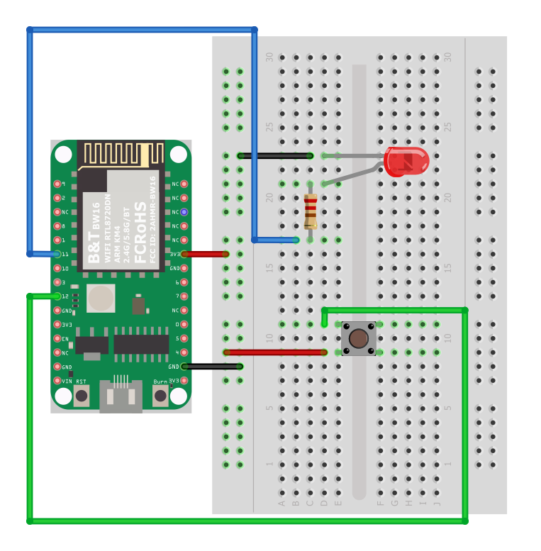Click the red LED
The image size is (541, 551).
pos(406,162)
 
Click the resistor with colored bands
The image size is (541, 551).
pos(310,211)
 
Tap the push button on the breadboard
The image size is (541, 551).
pos(359,338)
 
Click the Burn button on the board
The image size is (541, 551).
pos(160,395)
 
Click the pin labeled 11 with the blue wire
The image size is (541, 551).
pos(57,253)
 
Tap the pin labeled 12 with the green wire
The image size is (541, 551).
pos(57,296)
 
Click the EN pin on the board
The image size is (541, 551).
pos(57,338)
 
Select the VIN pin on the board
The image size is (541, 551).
pos(57,381)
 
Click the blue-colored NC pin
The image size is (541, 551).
pos(184,211)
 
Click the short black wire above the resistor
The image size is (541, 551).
pos(275,155)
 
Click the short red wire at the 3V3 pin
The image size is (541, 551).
pos(204,254)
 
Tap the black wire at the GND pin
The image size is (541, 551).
pos(211,367)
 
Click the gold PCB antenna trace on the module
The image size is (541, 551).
pos(121,154)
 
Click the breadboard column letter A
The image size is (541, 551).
pos(281,503)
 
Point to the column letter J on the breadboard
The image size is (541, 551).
pos(436,503)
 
